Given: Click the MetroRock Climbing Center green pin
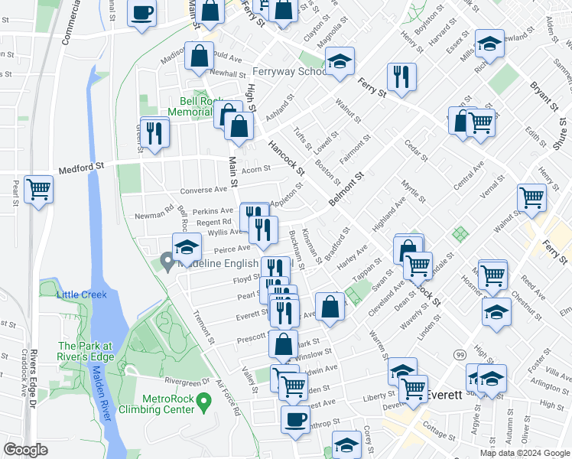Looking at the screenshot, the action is pos(203,400).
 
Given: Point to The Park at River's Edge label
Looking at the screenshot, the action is pos(86,351).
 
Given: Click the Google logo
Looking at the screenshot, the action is pos(26,450).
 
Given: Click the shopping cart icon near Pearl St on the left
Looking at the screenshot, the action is pos(39,188).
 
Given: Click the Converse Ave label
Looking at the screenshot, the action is pos(204,190).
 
